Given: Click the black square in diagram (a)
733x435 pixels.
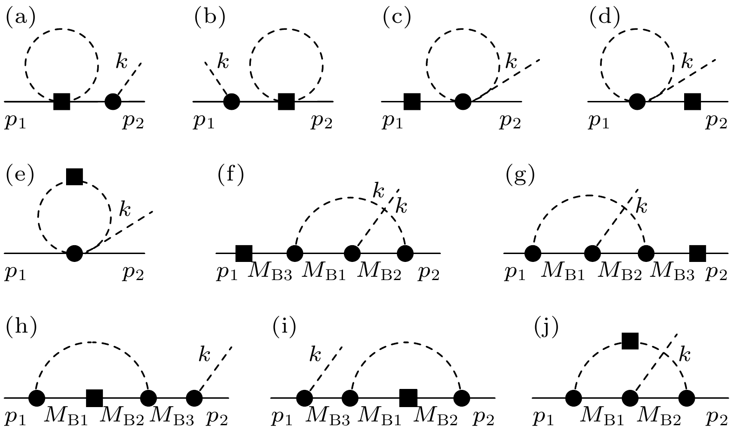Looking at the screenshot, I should (x=61, y=101).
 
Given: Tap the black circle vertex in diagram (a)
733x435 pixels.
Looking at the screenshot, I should (x=113, y=101).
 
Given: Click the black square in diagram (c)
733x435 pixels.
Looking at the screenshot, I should (x=412, y=101).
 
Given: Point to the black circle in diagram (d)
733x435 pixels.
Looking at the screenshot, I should (x=637, y=101).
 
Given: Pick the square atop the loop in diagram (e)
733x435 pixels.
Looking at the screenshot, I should (x=74, y=176).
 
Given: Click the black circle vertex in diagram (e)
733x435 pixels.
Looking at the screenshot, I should (x=74, y=254).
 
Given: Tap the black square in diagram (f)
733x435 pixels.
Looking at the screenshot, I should (x=244, y=254).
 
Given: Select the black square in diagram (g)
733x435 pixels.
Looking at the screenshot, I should (x=697, y=254).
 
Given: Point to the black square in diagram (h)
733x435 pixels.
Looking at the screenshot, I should (x=94, y=398).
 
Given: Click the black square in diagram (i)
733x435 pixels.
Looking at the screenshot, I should (x=408, y=398).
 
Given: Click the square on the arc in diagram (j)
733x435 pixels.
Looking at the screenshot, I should (x=630, y=341).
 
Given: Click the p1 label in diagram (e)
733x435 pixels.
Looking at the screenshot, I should (x=15, y=273).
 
